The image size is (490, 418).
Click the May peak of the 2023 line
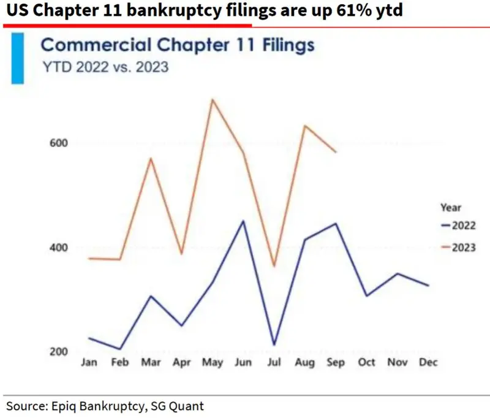point(212,99)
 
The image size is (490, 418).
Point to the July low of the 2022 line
point(274,344)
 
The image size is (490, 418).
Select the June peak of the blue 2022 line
point(243,221)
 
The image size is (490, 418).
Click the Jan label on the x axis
point(89,363)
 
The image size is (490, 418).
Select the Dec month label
point(428,363)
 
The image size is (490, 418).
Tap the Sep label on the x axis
point(336,363)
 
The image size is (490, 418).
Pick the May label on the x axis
point(213,363)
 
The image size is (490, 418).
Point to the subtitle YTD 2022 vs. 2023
point(104,67)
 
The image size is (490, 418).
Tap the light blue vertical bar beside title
point(17,58)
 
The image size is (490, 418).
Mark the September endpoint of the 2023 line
point(336,151)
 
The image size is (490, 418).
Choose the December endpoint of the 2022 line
point(428,286)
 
